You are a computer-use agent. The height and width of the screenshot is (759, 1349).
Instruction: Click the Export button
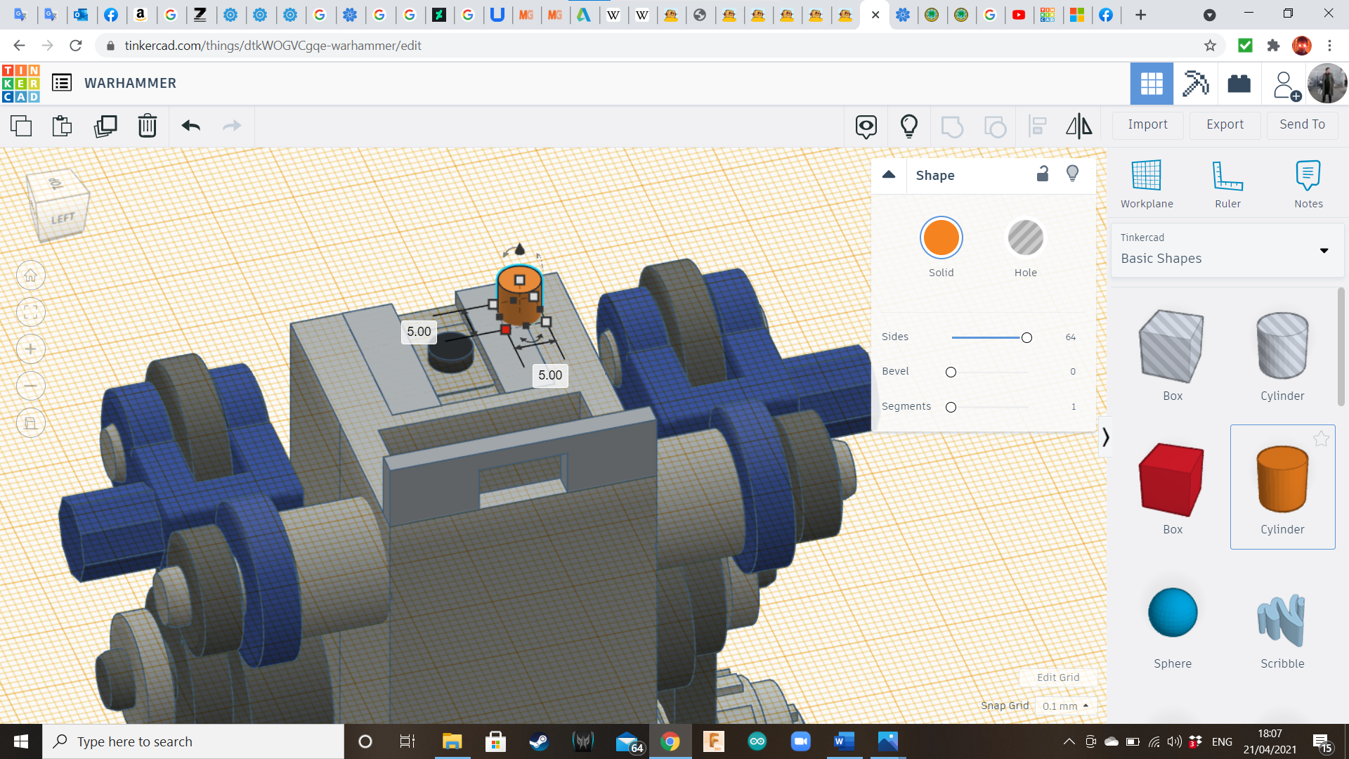[x=1225, y=124]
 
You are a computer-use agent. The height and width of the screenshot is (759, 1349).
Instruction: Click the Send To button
[x=1302, y=124]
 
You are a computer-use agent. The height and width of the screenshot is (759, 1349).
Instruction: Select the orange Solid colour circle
[x=941, y=238]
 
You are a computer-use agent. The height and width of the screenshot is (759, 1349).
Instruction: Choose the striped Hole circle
[x=1025, y=238]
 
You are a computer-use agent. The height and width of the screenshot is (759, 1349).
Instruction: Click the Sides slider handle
[x=1027, y=338]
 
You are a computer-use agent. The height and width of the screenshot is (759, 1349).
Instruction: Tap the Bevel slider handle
[x=951, y=372]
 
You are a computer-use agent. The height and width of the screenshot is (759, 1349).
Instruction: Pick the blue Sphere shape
[x=1173, y=612]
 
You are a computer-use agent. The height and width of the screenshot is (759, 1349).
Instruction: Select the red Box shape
[x=1171, y=480]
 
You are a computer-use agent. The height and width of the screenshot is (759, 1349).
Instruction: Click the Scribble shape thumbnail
[x=1282, y=621]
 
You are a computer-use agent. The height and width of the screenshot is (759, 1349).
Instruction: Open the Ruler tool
[x=1227, y=176]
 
